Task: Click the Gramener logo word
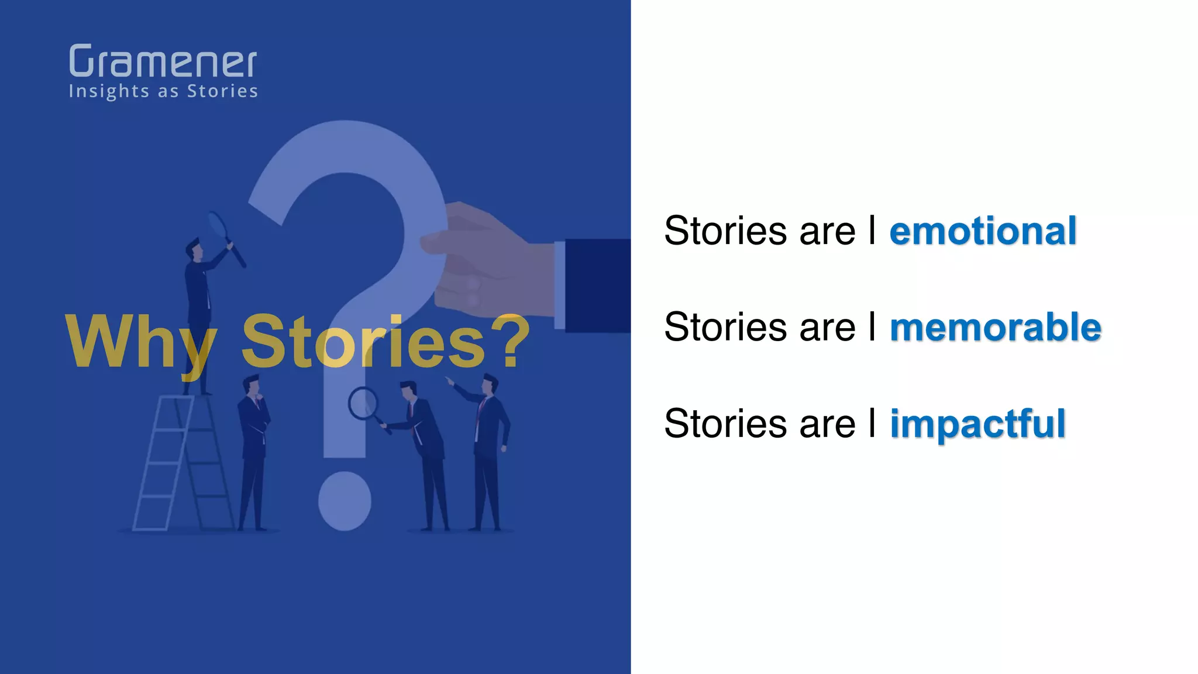point(163,61)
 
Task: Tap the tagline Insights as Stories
point(163,92)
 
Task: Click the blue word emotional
point(983,231)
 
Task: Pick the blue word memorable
point(995,328)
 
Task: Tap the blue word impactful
point(977,424)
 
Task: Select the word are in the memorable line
point(827,328)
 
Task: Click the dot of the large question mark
point(345,501)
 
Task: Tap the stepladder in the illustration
point(175,462)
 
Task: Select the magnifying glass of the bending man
point(363,404)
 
